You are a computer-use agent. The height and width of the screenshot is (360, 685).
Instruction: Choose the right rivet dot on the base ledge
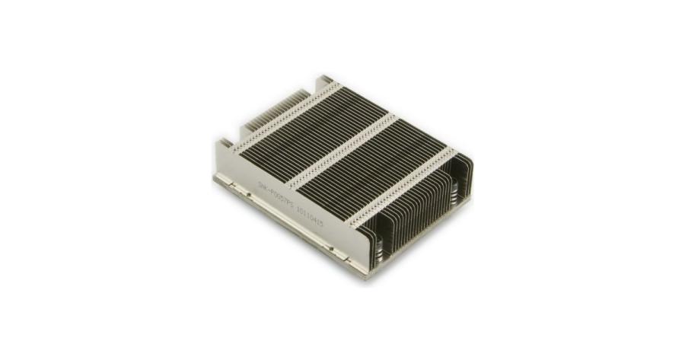click(x=330, y=244)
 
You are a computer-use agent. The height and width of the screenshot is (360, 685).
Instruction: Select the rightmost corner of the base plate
click(x=470, y=199)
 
